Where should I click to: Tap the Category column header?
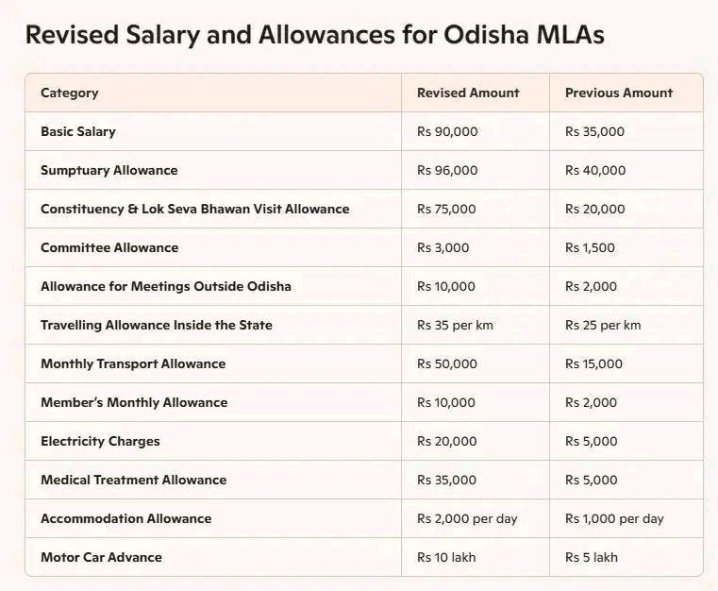click(69, 93)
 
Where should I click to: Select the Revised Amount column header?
click(468, 93)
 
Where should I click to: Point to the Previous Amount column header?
click(619, 93)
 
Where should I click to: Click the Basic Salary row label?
click(78, 131)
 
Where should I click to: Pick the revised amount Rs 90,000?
click(447, 131)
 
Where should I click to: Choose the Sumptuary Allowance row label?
click(109, 170)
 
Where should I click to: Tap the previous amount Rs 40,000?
click(595, 170)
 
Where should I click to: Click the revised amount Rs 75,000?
click(446, 209)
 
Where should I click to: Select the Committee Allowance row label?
click(109, 247)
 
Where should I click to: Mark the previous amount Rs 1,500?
click(590, 247)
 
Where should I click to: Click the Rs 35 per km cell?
click(455, 325)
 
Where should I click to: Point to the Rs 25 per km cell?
click(603, 325)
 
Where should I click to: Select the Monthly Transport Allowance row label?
click(133, 363)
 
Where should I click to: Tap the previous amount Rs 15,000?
click(594, 363)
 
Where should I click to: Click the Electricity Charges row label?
click(100, 441)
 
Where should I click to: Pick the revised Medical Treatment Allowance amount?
click(446, 480)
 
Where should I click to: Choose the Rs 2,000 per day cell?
click(467, 518)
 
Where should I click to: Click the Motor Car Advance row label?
click(101, 557)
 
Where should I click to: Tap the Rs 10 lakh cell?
click(446, 557)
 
